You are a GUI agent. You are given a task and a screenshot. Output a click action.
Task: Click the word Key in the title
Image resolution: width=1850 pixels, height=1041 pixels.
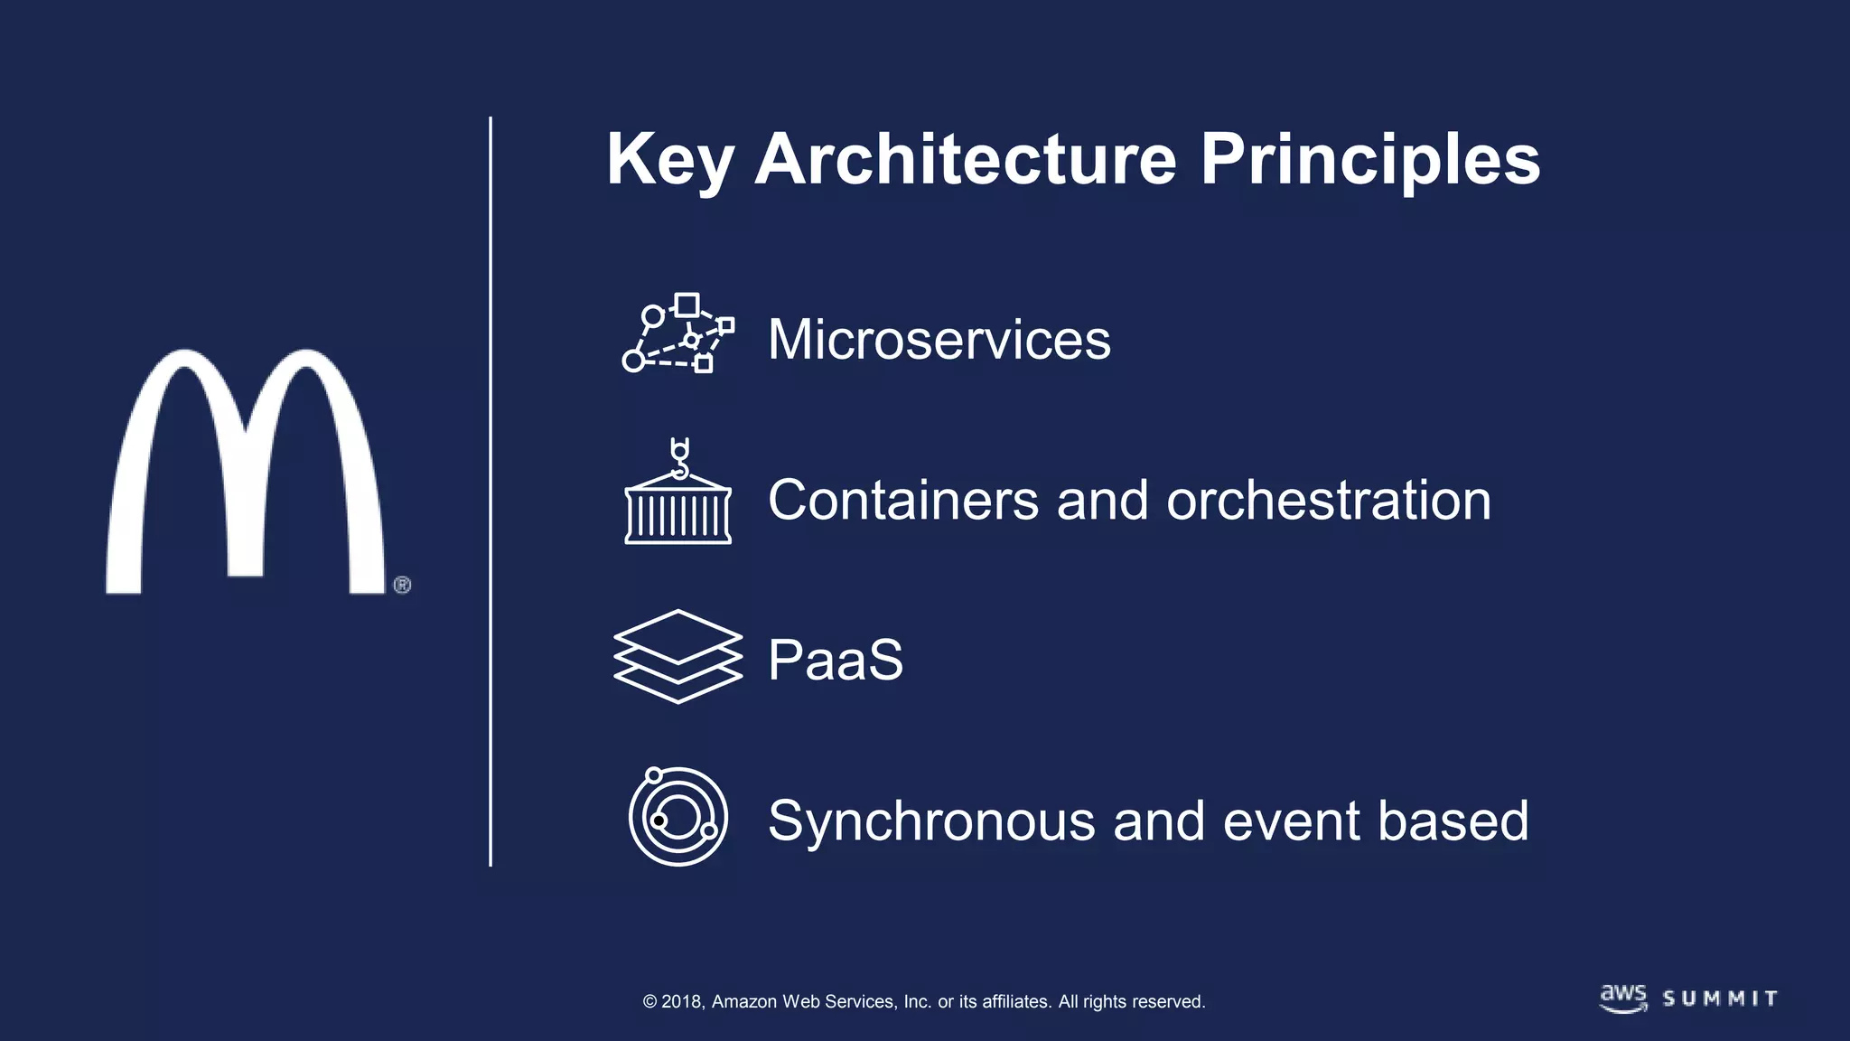[668, 161]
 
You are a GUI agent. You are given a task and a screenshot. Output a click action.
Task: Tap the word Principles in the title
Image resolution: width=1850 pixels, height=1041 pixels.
[1369, 161]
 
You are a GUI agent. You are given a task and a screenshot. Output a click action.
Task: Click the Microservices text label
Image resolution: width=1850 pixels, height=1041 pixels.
[939, 340]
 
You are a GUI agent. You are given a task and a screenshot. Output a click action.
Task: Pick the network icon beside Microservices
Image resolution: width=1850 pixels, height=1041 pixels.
[677, 333]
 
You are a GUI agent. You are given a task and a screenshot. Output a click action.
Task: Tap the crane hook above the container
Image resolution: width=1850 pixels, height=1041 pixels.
[679, 457]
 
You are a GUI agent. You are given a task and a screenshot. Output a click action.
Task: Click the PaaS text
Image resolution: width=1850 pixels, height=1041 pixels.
[835, 660]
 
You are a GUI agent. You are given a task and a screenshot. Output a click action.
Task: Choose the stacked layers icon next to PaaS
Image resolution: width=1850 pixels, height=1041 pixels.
[677, 657]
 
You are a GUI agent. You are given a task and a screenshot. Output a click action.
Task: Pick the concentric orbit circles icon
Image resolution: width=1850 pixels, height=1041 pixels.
[677, 817]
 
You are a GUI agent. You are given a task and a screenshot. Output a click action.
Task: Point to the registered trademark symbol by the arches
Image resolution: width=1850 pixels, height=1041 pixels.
[403, 585]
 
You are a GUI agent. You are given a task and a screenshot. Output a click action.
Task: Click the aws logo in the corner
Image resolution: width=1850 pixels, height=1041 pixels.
[1623, 998]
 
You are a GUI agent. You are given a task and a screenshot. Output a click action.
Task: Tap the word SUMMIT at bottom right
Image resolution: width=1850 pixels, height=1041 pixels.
[1720, 999]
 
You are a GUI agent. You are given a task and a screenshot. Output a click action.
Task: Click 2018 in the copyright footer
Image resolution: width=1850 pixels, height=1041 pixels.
[682, 1001]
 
